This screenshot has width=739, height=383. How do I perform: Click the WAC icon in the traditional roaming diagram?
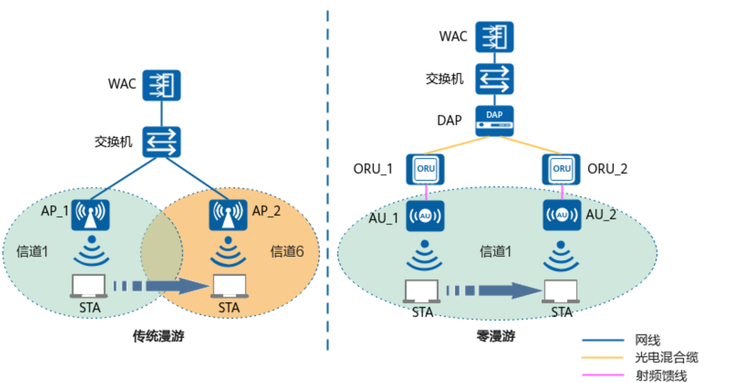point(162,85)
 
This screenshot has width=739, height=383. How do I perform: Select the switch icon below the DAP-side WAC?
point(494,79)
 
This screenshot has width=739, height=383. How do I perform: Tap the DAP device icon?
point(494,121)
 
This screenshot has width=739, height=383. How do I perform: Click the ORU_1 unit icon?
point(426,169)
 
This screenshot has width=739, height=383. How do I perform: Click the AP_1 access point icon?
point(90,215)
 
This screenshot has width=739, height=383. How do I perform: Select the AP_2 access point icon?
point(228,215)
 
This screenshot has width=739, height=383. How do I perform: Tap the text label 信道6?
point(286,251)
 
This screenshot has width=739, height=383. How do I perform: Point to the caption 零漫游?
point(495,336)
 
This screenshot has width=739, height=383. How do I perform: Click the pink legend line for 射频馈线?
point(603,375)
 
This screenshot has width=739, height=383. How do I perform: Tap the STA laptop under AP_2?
point(229,286)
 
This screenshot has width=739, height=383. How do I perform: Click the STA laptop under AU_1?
point(422,292)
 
